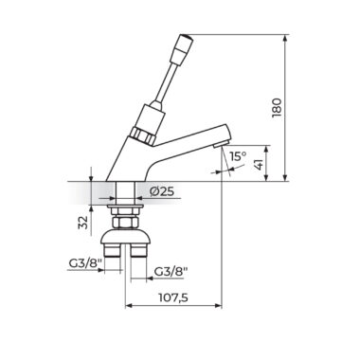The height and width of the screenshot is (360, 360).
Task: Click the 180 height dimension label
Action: tap(277, 108)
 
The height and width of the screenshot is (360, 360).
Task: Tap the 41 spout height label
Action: tap(259, 164)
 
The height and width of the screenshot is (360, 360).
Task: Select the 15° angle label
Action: tap(238, 156)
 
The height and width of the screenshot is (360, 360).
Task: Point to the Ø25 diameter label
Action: tap(162, 191)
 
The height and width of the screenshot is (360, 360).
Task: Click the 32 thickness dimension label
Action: tap(82, 223)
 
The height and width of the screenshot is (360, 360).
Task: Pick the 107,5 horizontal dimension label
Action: tap(173, 297)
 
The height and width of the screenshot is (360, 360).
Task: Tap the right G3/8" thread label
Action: tap(171, 271)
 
